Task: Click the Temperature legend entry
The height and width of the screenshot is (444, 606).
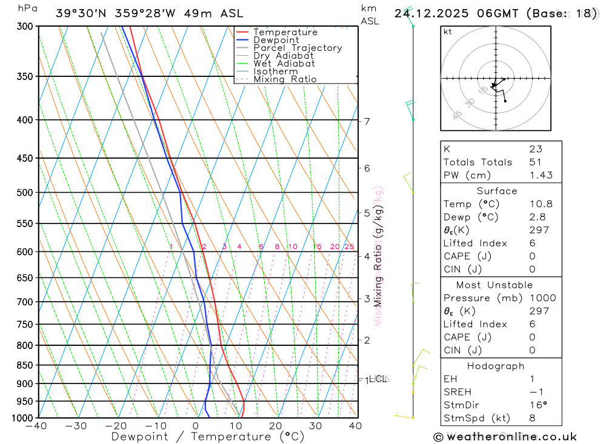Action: [285, 32]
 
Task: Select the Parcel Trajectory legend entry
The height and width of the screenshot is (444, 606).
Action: [298, 48]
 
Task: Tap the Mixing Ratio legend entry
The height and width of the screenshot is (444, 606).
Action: [285, 79]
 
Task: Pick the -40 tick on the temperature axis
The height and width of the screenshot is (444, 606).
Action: [36, 426]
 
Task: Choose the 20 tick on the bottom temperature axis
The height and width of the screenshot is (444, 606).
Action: [275, 426]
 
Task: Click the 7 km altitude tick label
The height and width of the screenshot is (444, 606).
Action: [367, 121]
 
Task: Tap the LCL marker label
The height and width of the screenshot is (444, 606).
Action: [378, 379]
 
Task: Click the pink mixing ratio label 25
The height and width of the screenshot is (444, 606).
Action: [349, 247]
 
